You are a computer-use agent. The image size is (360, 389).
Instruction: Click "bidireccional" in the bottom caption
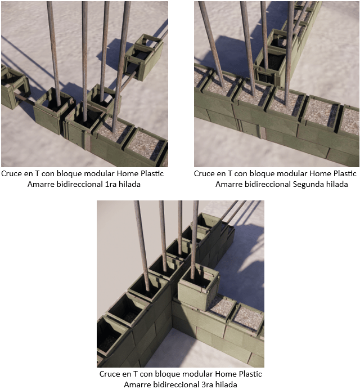175,384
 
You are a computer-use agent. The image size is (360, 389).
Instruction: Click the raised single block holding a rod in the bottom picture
199,287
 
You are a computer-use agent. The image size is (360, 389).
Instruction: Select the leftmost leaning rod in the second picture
211,44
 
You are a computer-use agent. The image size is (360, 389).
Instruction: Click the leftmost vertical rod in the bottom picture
142,245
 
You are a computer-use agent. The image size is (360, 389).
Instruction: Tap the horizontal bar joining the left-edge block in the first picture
23,98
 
